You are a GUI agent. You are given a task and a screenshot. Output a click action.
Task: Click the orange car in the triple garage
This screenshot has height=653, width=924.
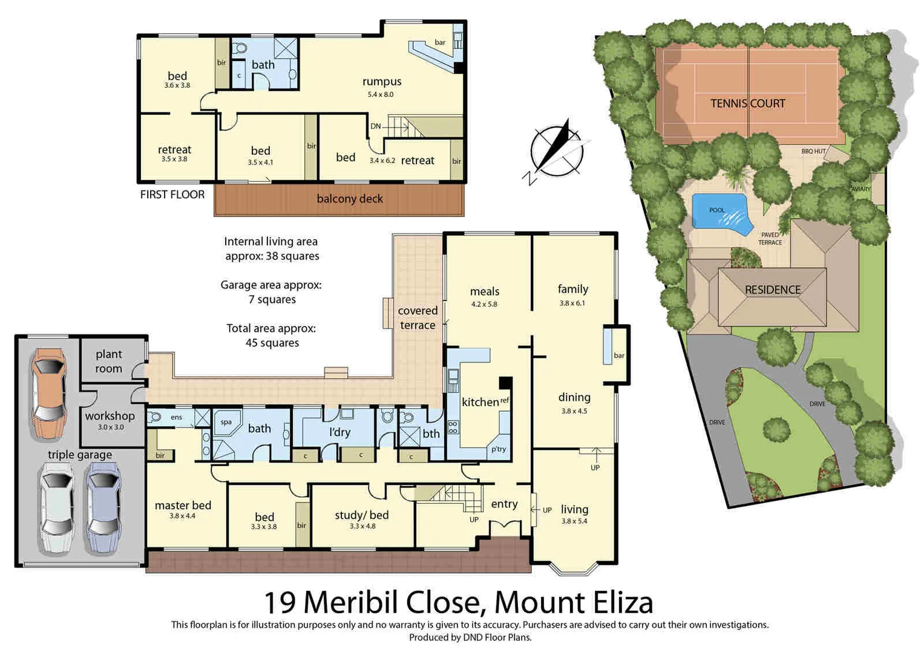point(48,393)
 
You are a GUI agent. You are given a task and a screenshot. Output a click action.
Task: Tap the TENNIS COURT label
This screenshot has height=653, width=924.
point(747,103)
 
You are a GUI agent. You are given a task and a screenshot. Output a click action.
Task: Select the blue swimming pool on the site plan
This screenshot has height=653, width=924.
point(719,213)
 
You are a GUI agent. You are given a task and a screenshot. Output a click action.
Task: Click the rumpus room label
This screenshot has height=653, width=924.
point(381,82)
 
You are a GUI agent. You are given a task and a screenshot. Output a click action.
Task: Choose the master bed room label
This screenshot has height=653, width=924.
point(183,505)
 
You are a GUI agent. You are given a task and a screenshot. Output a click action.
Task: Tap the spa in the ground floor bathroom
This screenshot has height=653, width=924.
point(226,422)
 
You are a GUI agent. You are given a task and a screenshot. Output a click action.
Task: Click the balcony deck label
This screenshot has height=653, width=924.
point(350,199)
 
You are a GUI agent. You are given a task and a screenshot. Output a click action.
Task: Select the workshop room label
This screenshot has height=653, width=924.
point(110,416)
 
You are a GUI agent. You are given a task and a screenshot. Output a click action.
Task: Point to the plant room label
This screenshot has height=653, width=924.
point(109,361)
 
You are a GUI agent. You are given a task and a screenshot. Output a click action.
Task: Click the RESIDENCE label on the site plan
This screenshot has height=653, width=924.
point(772,290)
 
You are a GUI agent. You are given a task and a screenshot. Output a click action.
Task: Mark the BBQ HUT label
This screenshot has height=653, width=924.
point(813,151)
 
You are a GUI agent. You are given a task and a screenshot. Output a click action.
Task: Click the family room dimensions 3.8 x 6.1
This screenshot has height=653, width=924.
point(572,303)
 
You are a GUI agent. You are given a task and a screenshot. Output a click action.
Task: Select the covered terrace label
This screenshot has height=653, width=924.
point(418,317)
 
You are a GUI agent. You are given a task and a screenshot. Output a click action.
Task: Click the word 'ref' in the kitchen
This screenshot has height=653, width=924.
point(505,400)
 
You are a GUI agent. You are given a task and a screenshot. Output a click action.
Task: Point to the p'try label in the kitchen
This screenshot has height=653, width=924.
point(499,449)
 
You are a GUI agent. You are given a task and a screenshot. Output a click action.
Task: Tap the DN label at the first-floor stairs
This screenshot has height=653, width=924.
point(376,126)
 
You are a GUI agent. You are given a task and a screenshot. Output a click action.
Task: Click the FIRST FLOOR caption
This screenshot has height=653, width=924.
point(172,195)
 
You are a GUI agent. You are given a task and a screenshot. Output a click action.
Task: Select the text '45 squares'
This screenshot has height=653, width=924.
point(272,343)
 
